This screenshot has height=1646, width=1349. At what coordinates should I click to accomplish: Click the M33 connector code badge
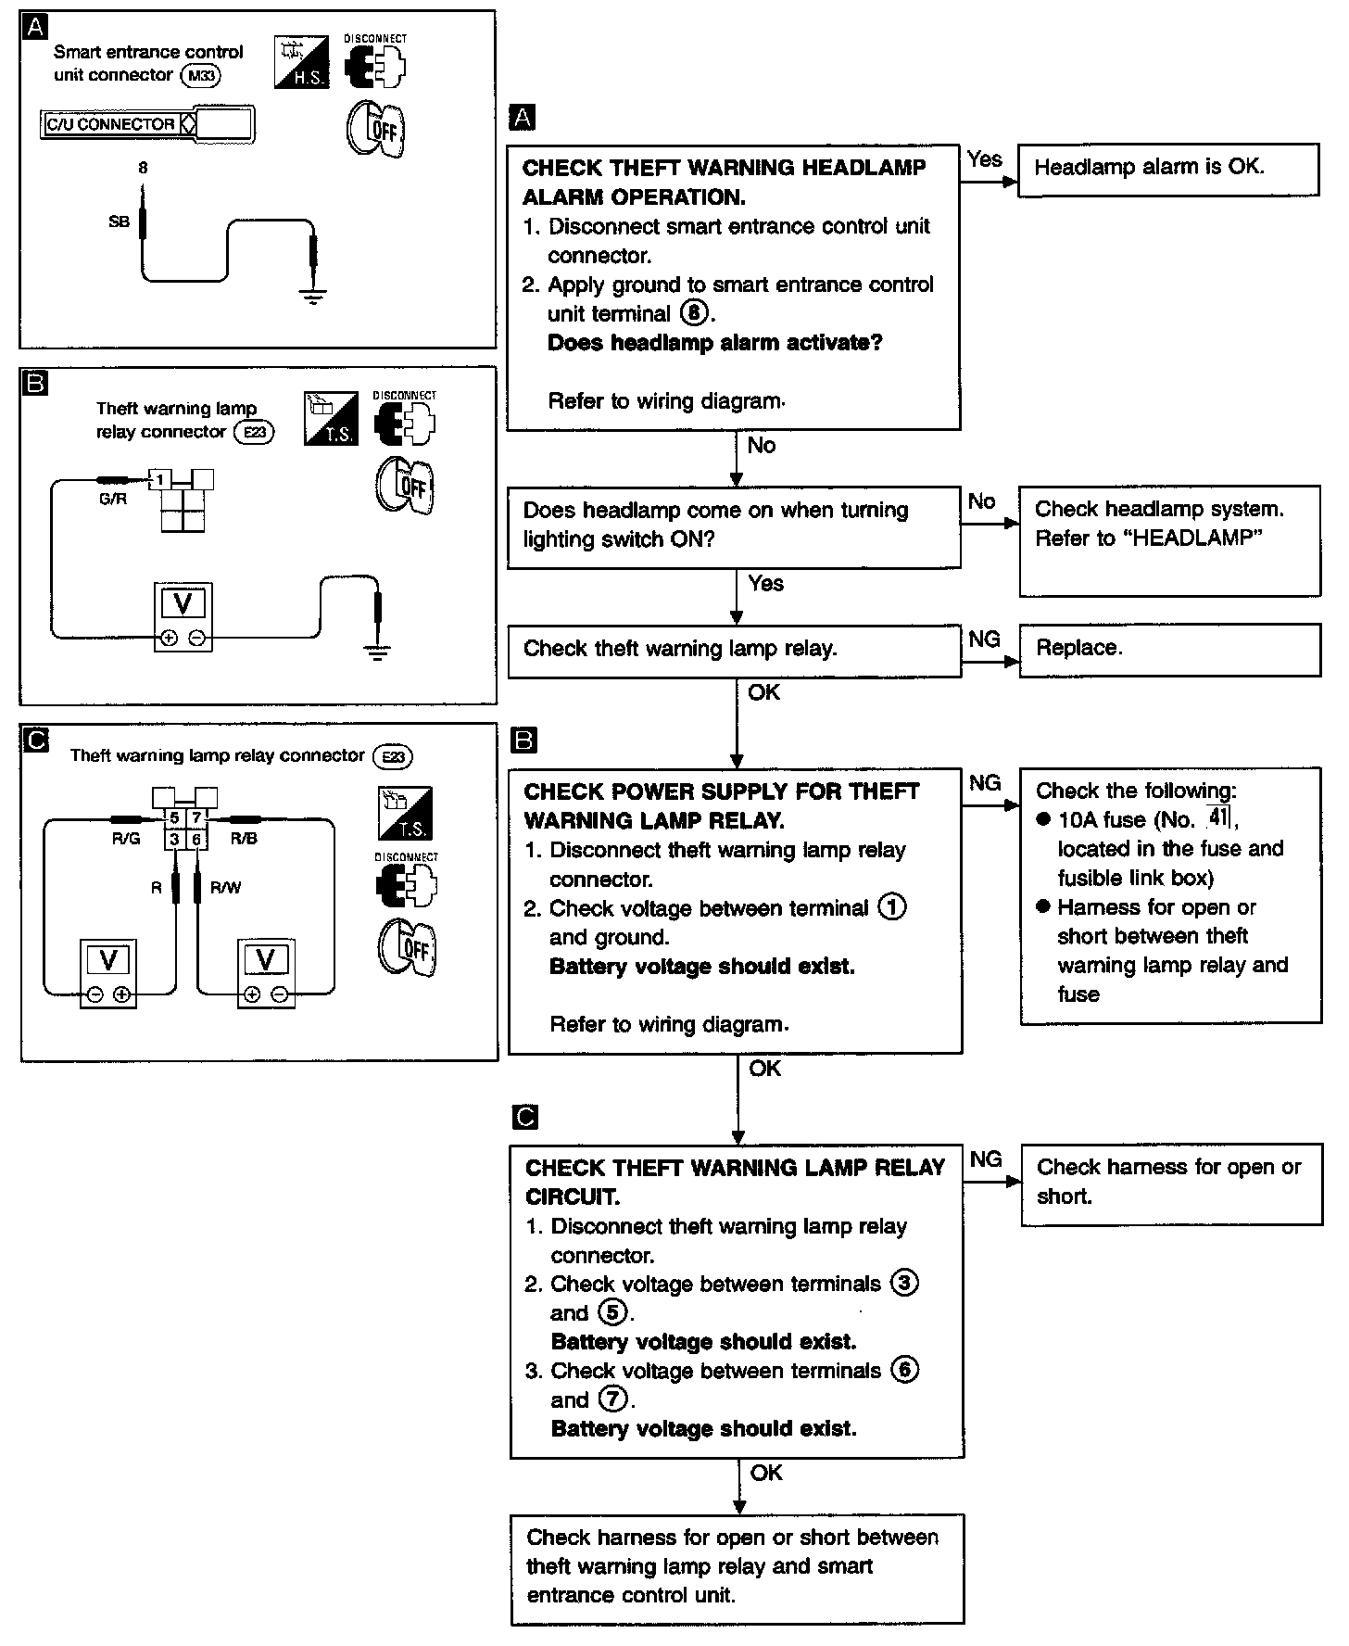point(201,76)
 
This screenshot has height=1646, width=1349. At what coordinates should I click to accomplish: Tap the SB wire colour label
point(119,222)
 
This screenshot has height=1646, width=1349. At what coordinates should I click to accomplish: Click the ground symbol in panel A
point(313,297)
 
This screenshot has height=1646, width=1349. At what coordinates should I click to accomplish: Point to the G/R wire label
point(112,500)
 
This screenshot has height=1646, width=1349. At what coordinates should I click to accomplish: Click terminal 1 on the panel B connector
point(160,480)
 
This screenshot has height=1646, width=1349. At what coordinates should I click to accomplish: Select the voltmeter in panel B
point(183,616)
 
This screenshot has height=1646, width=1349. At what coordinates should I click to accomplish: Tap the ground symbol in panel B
point(376,652)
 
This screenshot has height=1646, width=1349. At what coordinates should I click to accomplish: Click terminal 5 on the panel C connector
point(174,818)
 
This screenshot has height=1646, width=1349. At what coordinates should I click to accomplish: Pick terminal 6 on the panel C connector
point(196,840)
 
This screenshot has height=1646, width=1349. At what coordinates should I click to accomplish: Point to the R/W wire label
point(225,888)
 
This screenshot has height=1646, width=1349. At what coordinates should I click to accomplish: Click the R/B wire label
point(244,839)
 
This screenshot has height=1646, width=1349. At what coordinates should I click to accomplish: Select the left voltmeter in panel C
point(108,973)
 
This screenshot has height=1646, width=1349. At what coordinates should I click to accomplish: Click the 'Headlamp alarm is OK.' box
point(1167,170)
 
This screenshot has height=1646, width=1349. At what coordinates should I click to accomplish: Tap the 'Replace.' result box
point(1169,650)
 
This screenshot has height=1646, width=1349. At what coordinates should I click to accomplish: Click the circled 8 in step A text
point(694,313)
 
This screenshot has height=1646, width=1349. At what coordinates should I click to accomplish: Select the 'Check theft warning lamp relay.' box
point(734,650)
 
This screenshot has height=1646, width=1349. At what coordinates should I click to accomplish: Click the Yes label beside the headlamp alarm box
point(984,158)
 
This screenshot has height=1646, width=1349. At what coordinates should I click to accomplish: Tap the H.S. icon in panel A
point(302,63)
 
